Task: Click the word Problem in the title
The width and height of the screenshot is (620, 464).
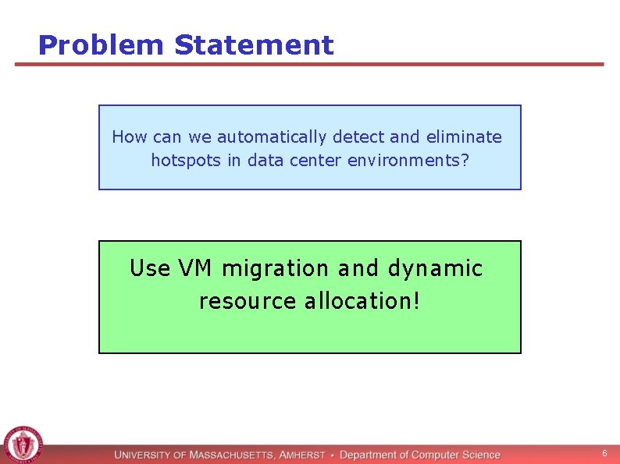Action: (102, 45)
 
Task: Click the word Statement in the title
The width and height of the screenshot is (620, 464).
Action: (254, 45)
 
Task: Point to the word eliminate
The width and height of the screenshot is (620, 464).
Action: (464, 137)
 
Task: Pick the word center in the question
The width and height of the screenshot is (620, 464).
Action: (317, 161)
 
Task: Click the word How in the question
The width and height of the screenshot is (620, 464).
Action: (129, 137)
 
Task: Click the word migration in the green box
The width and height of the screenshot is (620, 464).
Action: (276, 269)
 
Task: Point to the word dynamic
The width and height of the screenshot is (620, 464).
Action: (435, 269)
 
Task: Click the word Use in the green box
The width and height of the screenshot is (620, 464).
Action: (150, 268)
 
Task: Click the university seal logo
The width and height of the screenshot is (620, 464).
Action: (23, 445)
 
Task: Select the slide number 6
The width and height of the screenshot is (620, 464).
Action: (604, 453)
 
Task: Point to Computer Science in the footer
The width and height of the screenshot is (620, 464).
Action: (456, 455)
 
